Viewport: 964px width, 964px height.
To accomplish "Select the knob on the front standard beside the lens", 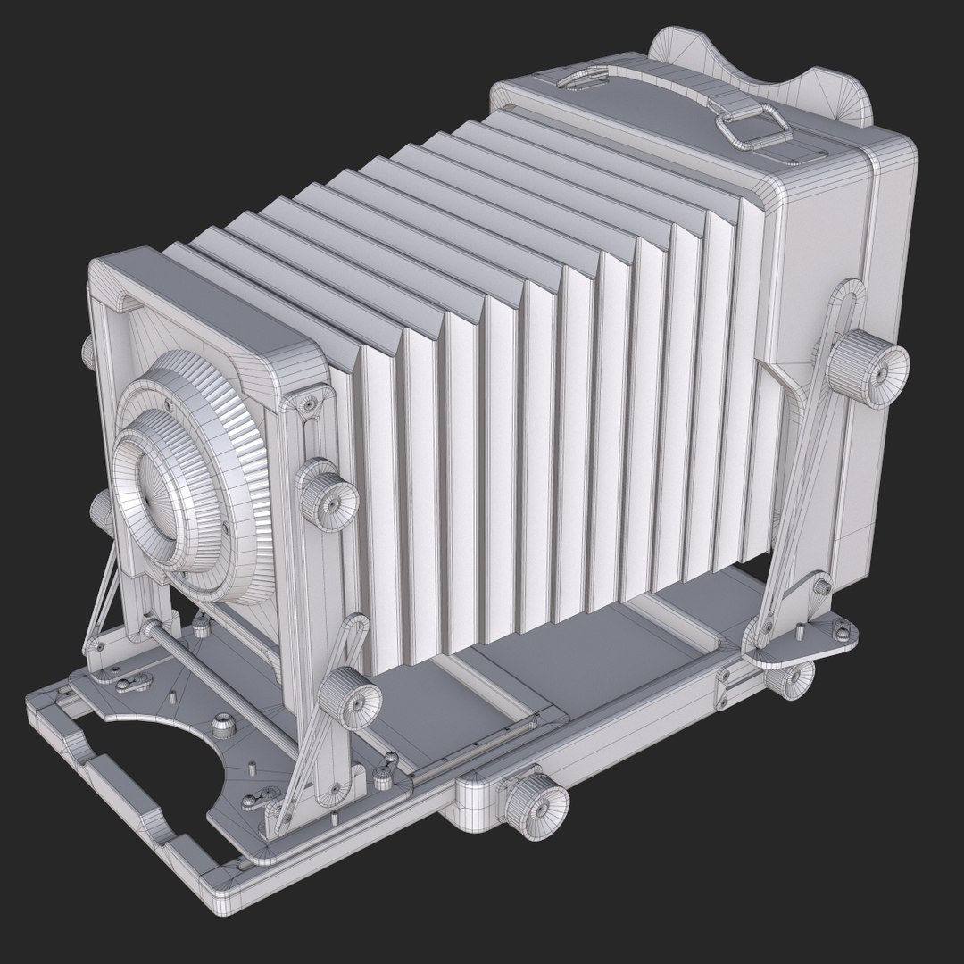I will tap(326, 494).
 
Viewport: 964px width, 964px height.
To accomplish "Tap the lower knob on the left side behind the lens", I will tap(100, 514).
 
